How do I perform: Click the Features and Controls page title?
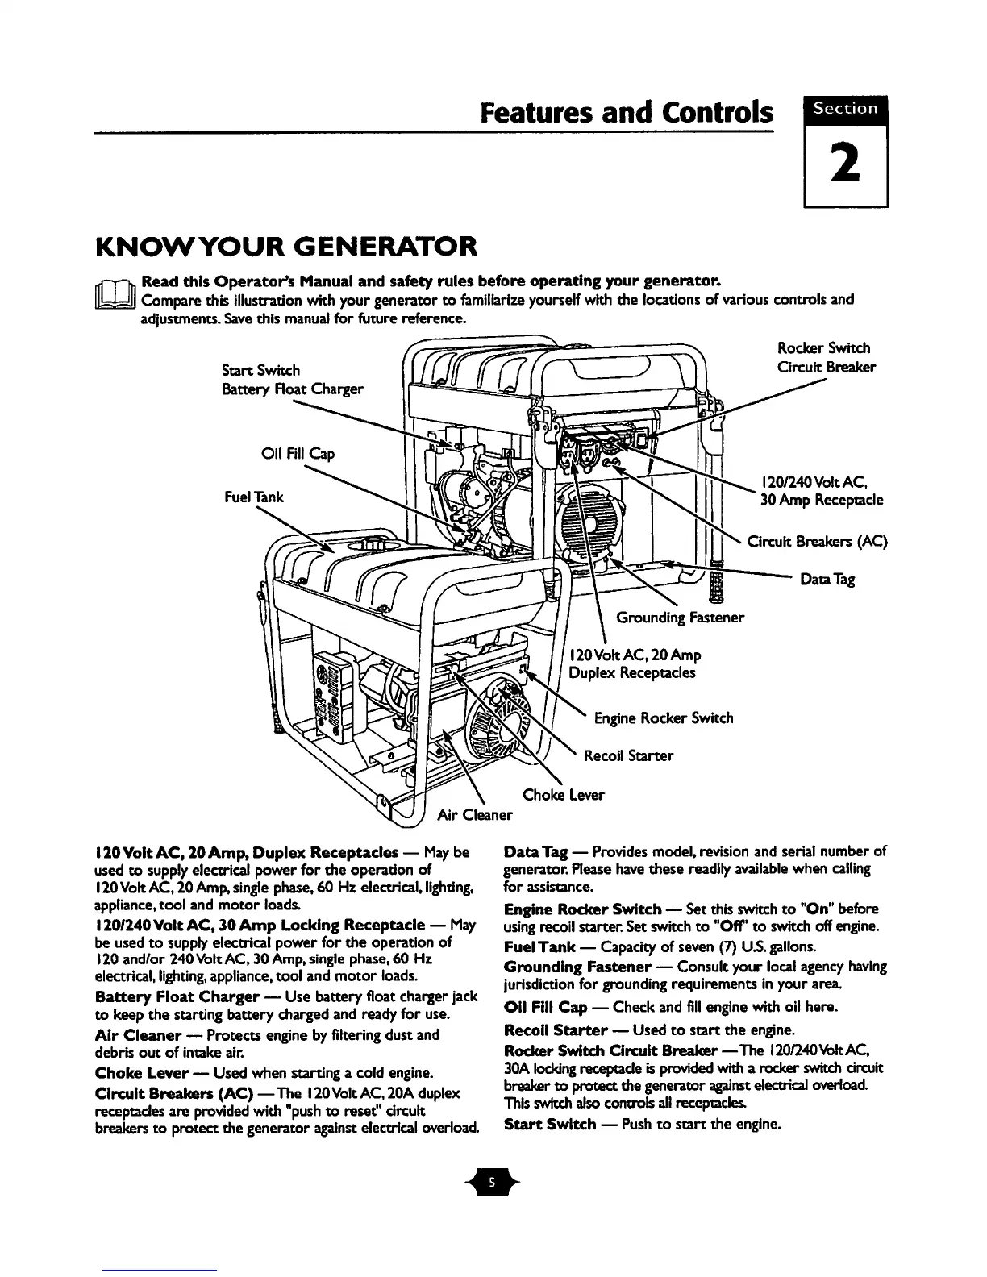point(626,112)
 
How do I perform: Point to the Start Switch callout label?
point(260,370)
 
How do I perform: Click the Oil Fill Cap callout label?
point(298,454)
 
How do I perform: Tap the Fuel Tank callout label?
point(253,497)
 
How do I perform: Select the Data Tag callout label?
point(827,580)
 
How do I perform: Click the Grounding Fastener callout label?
point(680,618)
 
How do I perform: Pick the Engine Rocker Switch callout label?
point(664,718)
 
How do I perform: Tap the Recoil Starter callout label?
point(628,756)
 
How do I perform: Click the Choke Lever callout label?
point(563,795)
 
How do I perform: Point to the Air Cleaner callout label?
point(474,814)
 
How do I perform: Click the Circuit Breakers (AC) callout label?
point(817,541)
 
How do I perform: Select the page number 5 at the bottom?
point(493,1183)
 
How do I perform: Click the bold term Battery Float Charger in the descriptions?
point(176,996)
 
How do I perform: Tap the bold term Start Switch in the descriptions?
point(550,1124)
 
